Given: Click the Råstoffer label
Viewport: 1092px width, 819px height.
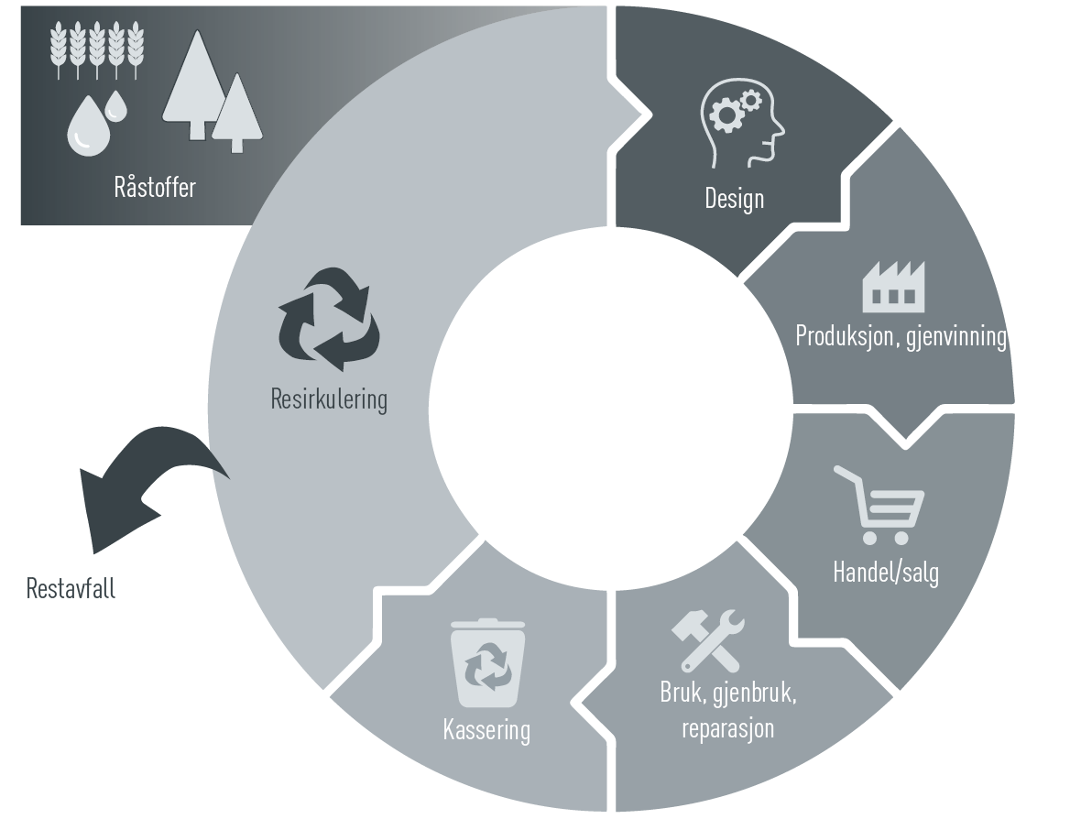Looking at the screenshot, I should tap(155, 188).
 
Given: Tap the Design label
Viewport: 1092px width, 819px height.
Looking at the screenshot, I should tap(734, 198).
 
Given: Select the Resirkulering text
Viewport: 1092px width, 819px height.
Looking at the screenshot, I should tap(329, 399).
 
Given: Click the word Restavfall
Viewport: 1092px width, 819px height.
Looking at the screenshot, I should tap(71, 588).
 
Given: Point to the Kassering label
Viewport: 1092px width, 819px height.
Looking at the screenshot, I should tap(486, 730).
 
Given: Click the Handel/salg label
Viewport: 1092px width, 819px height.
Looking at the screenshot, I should tap(885, 572).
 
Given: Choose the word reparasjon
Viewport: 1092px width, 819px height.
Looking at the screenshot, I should tap(728, 728).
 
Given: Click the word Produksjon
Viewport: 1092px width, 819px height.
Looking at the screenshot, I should tap(846, 335).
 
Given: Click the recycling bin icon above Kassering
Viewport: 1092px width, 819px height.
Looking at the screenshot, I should tap(487, 663).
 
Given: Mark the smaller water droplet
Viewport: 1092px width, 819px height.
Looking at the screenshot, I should tap(115, 106).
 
